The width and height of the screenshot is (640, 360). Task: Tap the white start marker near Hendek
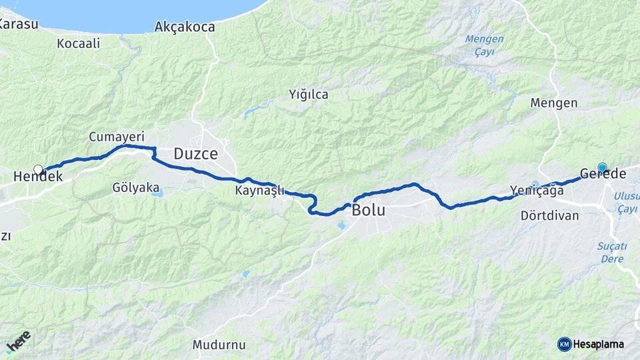pyautogui.click(x=38, y=169)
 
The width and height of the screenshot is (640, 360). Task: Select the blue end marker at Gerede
pyautogui.click(x=603, y=168)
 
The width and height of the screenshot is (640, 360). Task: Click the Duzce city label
pyautogui.click(x=195, y=154)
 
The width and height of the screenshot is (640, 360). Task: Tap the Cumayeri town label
pyautogui.click(x=116, y=137)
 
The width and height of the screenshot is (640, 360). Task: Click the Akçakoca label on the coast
pyautogui.click(x=185, y=27)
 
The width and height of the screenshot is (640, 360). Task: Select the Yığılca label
pyautogui.click(x=309, y=95)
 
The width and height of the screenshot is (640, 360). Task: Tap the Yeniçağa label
pyautogui.click(x=536, y=191)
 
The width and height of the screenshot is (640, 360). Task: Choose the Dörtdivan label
pyautogui.click(x=550, y=216)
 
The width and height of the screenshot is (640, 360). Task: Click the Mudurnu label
pyautogui.click(x=219, y=345)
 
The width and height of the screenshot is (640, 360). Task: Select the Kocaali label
pyautogui.click(x=78, y=43)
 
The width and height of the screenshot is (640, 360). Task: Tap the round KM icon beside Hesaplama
pyautogui.click(x=564, y=344)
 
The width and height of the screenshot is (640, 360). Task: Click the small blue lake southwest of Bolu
pyautogui.click(x=342, y=226)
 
